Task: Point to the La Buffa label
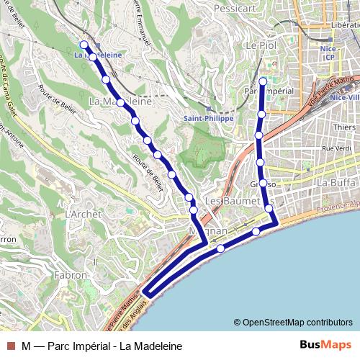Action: tap(336, 183)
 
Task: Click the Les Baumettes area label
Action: tap(232, 200)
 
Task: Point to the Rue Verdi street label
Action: tap(336, 148)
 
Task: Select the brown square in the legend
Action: tap(10, 346)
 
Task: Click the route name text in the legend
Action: tap(102, 346)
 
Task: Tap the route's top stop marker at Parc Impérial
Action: tap(263, 81)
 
